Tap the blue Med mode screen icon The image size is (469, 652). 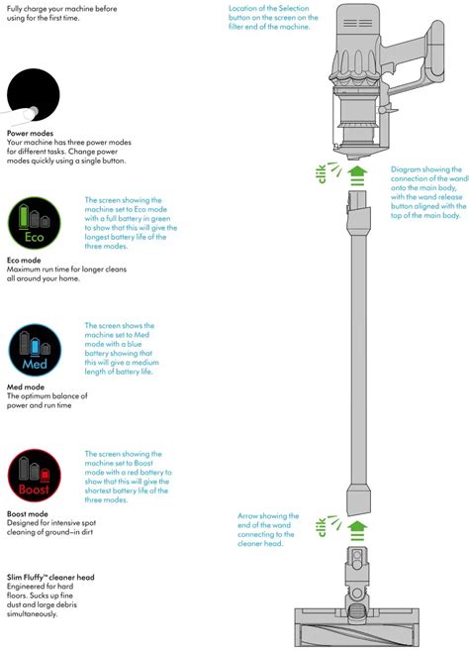coord(35,349)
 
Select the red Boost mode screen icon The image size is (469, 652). coord(35,477)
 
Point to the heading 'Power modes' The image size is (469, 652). coord(31,133)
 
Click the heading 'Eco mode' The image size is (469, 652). coord(27,260)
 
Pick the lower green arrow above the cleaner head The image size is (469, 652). coord(357,529)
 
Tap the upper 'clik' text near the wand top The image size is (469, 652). coord(322,173)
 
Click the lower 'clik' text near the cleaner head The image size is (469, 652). coord(322,527)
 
